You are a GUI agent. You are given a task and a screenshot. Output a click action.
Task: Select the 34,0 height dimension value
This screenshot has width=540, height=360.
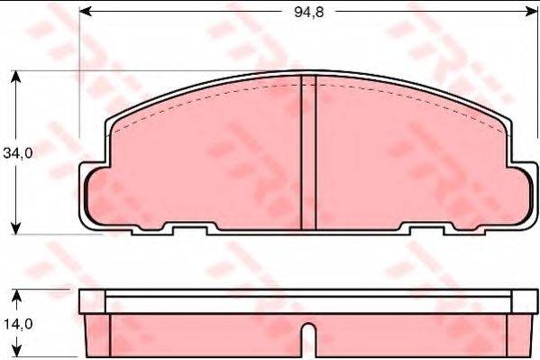click(17, 153)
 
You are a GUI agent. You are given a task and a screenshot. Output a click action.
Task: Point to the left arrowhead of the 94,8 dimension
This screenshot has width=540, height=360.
click(87, 11)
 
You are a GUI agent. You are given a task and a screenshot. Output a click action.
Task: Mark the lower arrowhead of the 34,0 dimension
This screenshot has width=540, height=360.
click(16, 228)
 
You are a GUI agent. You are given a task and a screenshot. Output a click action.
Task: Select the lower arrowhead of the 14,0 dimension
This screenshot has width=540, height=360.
click(16, 353)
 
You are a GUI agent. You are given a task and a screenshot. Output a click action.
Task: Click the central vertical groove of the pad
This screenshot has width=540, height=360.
click(307, 153)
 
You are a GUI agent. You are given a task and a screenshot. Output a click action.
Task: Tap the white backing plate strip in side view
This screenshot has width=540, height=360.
click(307, 301)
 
